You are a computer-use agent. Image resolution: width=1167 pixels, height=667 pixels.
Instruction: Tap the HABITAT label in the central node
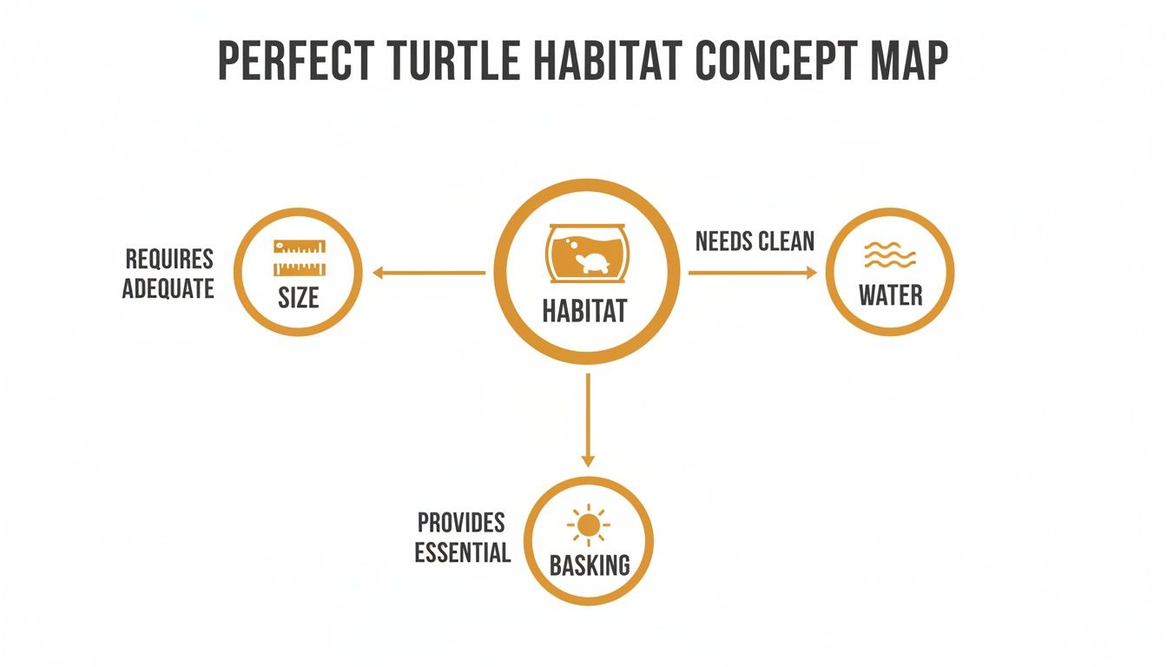point(584,311)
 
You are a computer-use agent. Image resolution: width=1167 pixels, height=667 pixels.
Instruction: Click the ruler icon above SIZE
point(299,258)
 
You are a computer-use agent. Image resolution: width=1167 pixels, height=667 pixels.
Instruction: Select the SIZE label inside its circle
point(299,298)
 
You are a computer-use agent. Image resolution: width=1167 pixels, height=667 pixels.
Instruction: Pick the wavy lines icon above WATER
point(890,256)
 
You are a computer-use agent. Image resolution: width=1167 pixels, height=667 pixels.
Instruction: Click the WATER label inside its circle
point(890,295)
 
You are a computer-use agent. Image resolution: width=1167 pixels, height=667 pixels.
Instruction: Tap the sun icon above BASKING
point(589,525)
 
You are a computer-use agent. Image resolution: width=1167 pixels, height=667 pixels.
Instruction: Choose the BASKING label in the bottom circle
point(590,565)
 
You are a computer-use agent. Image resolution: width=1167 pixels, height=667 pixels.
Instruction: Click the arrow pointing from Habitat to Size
point(429,273)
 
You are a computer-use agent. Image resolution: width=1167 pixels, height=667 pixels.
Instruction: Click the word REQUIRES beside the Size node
point(169,259)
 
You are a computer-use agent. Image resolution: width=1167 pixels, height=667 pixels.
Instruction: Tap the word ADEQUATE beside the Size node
point(168,288)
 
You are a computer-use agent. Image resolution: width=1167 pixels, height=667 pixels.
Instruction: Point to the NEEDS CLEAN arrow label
point(755,241)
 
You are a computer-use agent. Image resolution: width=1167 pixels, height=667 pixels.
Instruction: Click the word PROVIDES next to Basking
point(461,523)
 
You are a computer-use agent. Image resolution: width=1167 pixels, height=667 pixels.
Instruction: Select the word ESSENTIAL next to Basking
point(462,552)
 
